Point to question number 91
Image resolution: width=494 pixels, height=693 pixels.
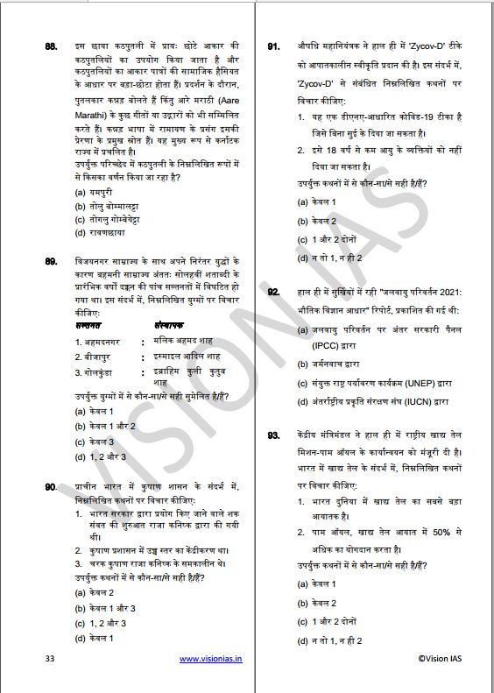pyautogui.click(x=273, y=44)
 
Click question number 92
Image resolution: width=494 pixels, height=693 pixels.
pyautogui.click(x=273, y=292)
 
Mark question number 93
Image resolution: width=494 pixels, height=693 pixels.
pyautogui.click(x=273, y=435)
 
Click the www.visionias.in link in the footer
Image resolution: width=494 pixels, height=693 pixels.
pyautogui.click(x=211, y=658)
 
